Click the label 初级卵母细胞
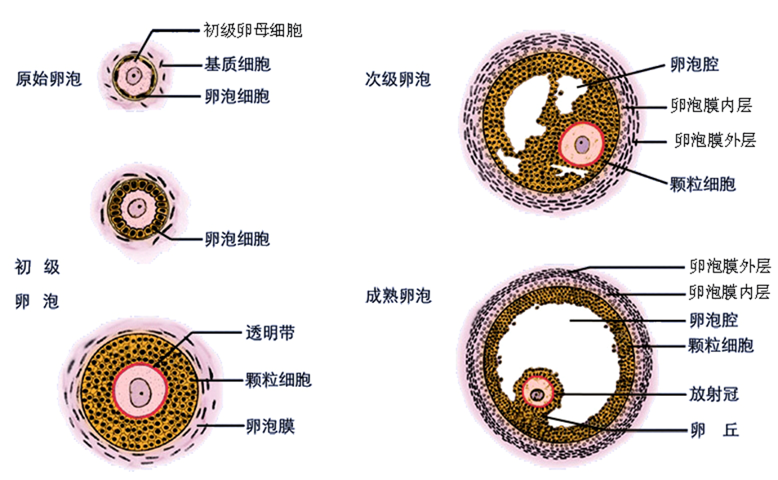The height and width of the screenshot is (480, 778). [252, 31]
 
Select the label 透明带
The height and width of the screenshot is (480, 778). [270, 333]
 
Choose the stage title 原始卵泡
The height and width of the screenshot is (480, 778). [49, 79]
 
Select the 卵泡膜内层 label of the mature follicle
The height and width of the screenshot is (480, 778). [729, 291]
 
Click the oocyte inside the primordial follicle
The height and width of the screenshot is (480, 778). [132, 76]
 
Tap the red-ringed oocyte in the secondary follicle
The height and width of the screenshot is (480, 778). [581, 144]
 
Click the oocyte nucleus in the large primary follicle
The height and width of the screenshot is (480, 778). [140, 391]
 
